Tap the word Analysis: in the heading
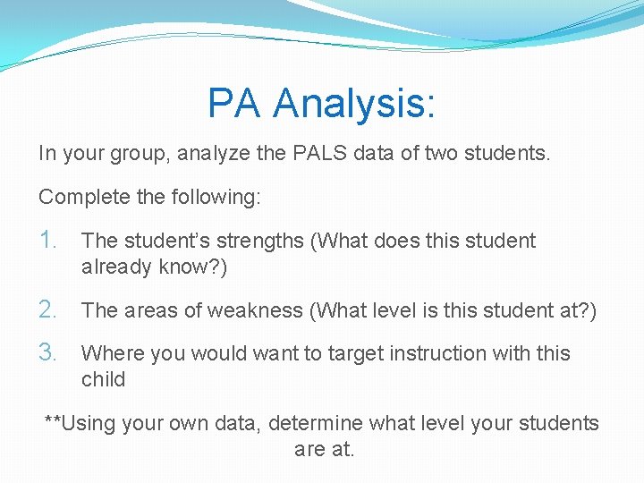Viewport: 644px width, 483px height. pos(355,103)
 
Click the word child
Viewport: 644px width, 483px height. pos(103,378)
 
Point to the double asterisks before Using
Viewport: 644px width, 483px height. pos(53,421)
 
